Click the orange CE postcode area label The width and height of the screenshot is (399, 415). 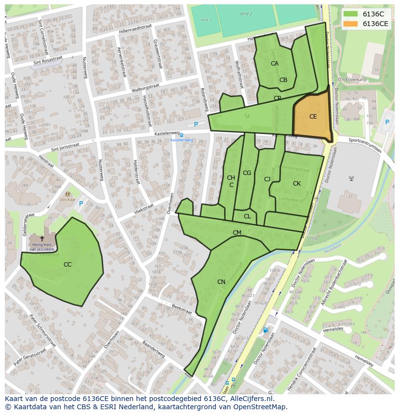313,117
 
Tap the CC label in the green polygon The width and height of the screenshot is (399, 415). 67,265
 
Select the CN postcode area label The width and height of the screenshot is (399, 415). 221,282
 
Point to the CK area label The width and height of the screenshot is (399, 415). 297,184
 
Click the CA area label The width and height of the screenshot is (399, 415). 275,64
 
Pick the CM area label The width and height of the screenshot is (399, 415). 237,233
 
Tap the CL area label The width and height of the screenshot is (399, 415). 247,217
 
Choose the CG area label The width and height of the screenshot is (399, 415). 247,173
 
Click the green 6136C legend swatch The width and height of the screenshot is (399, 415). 350,14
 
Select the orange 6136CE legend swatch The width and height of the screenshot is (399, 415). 350,24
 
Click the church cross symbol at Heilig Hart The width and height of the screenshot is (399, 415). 42,238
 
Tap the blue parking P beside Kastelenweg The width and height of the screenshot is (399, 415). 196,124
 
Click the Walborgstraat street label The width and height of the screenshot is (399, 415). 146,88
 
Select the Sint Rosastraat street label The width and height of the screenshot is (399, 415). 48,60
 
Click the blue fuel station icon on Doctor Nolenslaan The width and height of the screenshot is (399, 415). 265,330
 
